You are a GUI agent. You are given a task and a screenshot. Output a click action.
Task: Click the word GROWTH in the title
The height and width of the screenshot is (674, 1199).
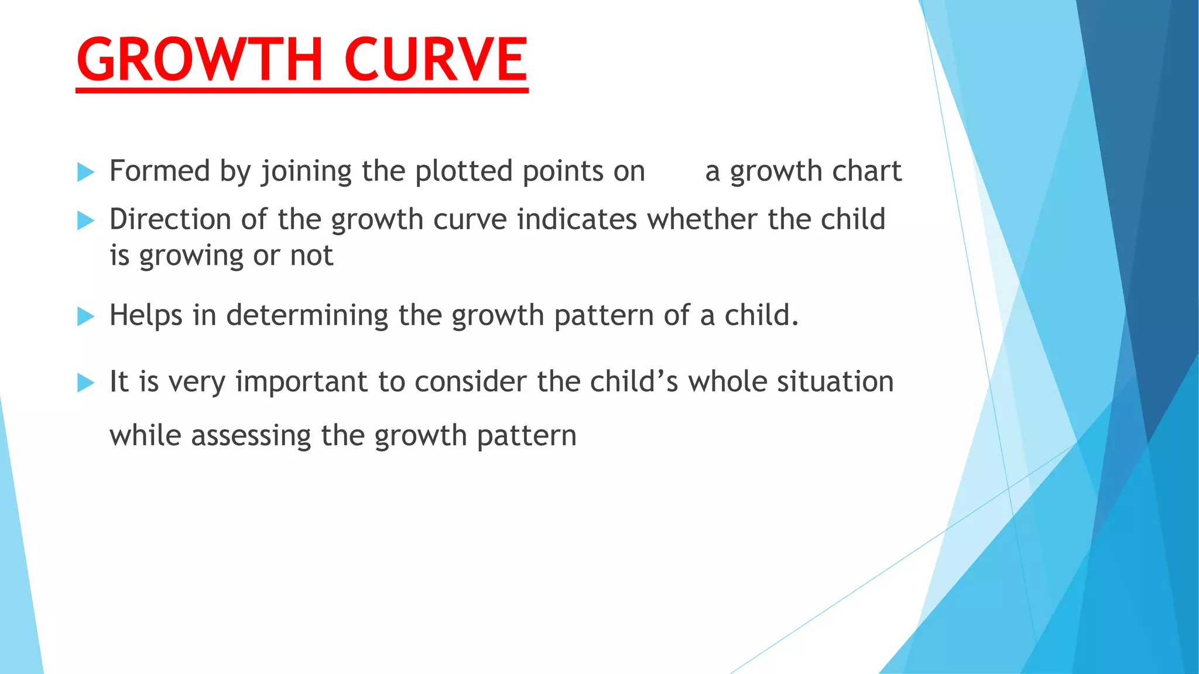click(200, 59)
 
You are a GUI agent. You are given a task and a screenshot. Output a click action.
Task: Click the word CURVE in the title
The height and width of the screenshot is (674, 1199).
click(436, 59)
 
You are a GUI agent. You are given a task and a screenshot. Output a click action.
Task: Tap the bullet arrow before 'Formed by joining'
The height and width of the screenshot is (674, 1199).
click(85, 172)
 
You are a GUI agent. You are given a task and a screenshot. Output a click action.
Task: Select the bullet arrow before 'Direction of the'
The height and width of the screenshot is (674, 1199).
click(85, 221)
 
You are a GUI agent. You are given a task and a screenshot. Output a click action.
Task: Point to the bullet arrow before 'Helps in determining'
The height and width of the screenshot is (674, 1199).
click(85, 317)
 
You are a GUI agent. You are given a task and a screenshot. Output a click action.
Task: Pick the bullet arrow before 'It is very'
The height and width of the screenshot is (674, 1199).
click(85, 383)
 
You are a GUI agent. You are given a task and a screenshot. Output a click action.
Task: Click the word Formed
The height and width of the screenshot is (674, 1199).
click(160, 171)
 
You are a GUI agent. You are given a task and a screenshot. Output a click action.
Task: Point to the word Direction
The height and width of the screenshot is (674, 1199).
click(170, 219)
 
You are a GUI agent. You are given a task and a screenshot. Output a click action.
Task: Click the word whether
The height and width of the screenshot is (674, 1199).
click(702, 219)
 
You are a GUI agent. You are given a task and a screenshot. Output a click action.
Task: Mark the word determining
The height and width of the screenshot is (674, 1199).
click(307, 315)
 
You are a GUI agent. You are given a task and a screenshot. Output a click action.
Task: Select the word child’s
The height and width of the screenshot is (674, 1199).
click(634, 381)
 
